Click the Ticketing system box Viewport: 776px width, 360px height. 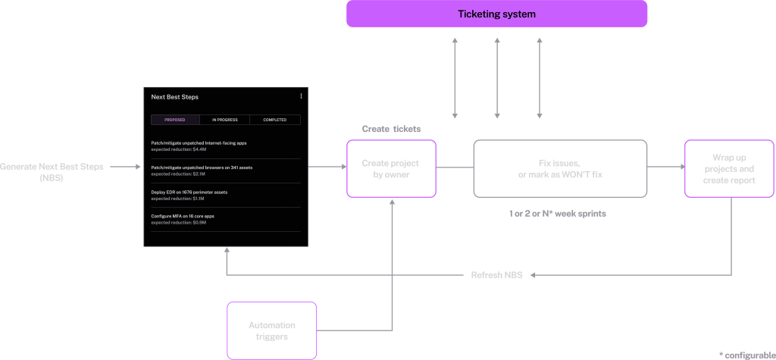click(x=496, y=14)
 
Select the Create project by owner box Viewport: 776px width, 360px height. click(x=391, y=168)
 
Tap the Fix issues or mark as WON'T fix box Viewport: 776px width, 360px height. click(x=560, y=168)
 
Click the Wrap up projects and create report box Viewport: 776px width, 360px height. click(x=729, y=168)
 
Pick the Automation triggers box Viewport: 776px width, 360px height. click(x=271, y=330)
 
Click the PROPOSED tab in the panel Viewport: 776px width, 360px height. click(x=175, y=120)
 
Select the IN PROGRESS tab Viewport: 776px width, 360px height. click(x=225, y=120)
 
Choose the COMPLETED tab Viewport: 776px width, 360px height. click(x=275, y=120)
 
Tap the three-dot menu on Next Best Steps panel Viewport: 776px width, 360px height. click(x=301, y=96)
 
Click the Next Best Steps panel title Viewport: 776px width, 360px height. click(x=174, y=97)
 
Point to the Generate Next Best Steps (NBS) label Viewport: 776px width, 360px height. click(x=52, y=171)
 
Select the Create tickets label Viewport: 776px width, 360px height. click(x=391, y=129)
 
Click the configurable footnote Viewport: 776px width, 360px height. click(x=746, y=355)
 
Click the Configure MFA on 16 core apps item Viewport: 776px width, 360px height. click(x=183, y=216)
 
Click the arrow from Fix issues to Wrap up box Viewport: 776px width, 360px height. click(x=665, y=167)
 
